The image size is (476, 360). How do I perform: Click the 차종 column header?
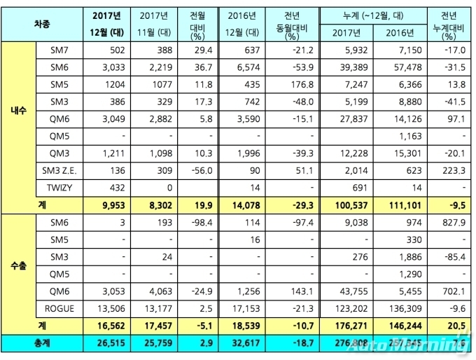tap(41, 22)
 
